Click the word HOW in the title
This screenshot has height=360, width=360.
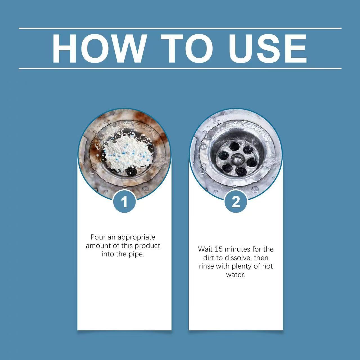[x=99, y=49]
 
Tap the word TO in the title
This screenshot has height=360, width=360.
[x=187, y=49]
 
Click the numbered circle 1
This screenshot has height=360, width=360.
[x=124, y=202]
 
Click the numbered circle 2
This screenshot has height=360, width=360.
[x=236, y=202]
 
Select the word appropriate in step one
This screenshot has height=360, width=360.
[x=136, y=238]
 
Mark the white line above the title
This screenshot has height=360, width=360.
[x=180, y=28]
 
